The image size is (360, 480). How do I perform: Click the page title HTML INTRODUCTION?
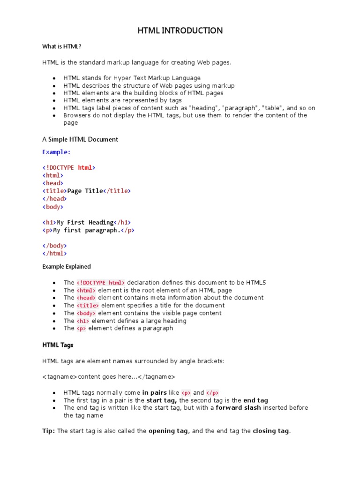[x=180, y=31]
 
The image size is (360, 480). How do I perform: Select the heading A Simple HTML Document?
[x=80, y=139]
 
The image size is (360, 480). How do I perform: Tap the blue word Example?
[x=56, y=152]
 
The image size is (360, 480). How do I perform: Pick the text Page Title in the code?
[x=85, y=191]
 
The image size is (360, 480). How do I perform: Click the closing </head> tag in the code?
[x=54, y=199]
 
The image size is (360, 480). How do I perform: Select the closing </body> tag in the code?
[x=54, y=246]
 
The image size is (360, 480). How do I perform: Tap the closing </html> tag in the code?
[x=54, y=254]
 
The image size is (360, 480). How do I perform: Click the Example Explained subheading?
[x=67, y=267]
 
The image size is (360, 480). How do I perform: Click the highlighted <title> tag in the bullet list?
[x=88, y=306]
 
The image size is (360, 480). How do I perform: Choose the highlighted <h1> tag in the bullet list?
[x=83, y=321]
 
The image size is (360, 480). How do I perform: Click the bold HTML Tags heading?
[x=58, y=345]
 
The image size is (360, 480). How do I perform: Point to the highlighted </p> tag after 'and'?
[x=212, y=393]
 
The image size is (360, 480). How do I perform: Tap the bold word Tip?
[x=49, y=431]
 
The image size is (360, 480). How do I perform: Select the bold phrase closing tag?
[x=271, y=431]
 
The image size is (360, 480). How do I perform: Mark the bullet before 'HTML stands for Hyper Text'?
[x=54, y=78]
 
